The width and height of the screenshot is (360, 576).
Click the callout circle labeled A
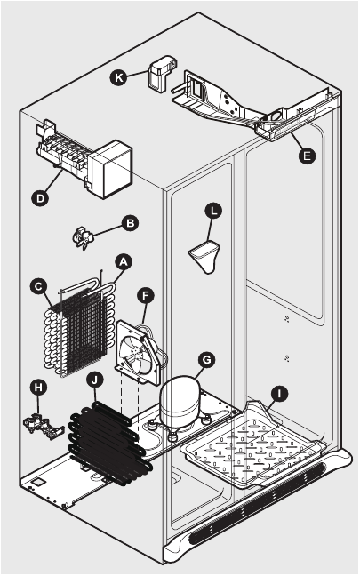pyautogui.click(x=124, y=260)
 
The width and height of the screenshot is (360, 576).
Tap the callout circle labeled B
pyautogui.click(x=130, y=222)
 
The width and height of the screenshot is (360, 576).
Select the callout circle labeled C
pyautogui.click(x=38, y=285)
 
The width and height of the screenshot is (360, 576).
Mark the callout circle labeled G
pyautogui.click(x=206, y=359)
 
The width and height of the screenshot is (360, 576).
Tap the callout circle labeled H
pyautogui.click(x=37, y=387)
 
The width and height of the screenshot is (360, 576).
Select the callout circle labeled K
pyautogui.click(x=118, y=76)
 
